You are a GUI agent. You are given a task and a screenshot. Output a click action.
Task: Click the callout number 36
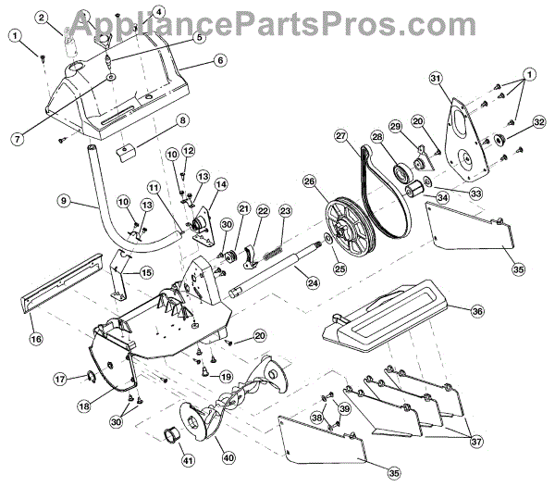click(477, 311)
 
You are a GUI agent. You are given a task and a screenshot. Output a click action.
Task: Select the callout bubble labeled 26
click(308, 181)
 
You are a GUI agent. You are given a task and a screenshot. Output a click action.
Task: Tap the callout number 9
click(63, 198)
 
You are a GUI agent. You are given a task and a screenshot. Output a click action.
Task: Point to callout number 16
click(35, 340)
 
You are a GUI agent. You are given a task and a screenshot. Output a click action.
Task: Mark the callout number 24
click(314, 281)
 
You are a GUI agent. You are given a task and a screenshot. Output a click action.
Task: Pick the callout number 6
click(220, 60)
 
